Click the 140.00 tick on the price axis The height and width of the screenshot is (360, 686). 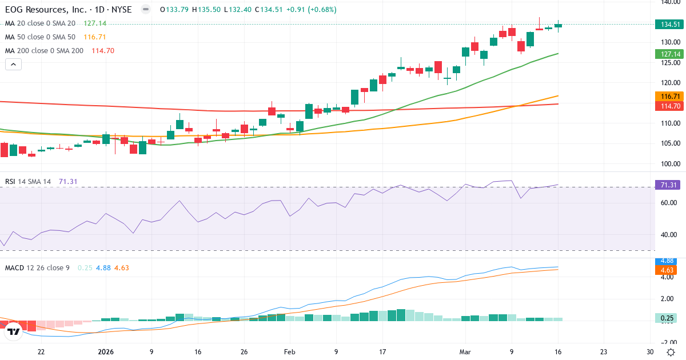click(x=670, y=2)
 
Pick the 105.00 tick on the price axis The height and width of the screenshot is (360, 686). click(x=670, y=143)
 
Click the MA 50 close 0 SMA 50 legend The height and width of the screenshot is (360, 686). click(x=40, y=37)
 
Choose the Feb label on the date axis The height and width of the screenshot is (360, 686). click(x=289, y=352)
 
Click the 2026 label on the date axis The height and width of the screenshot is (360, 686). click(x=107, y=352)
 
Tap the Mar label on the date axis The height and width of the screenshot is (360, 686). click(x=465, y=352)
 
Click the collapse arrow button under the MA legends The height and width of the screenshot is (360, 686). click(x=13, y=65)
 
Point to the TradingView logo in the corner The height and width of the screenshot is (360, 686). click(x=14, y=331)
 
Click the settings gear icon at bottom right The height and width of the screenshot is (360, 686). click(x=670, y=352)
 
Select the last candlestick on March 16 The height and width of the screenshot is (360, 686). click(x=558, y=25)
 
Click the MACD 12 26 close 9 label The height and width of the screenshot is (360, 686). click(x=37, y=268)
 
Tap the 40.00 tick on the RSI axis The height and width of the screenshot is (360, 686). click(x=670, y=234)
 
